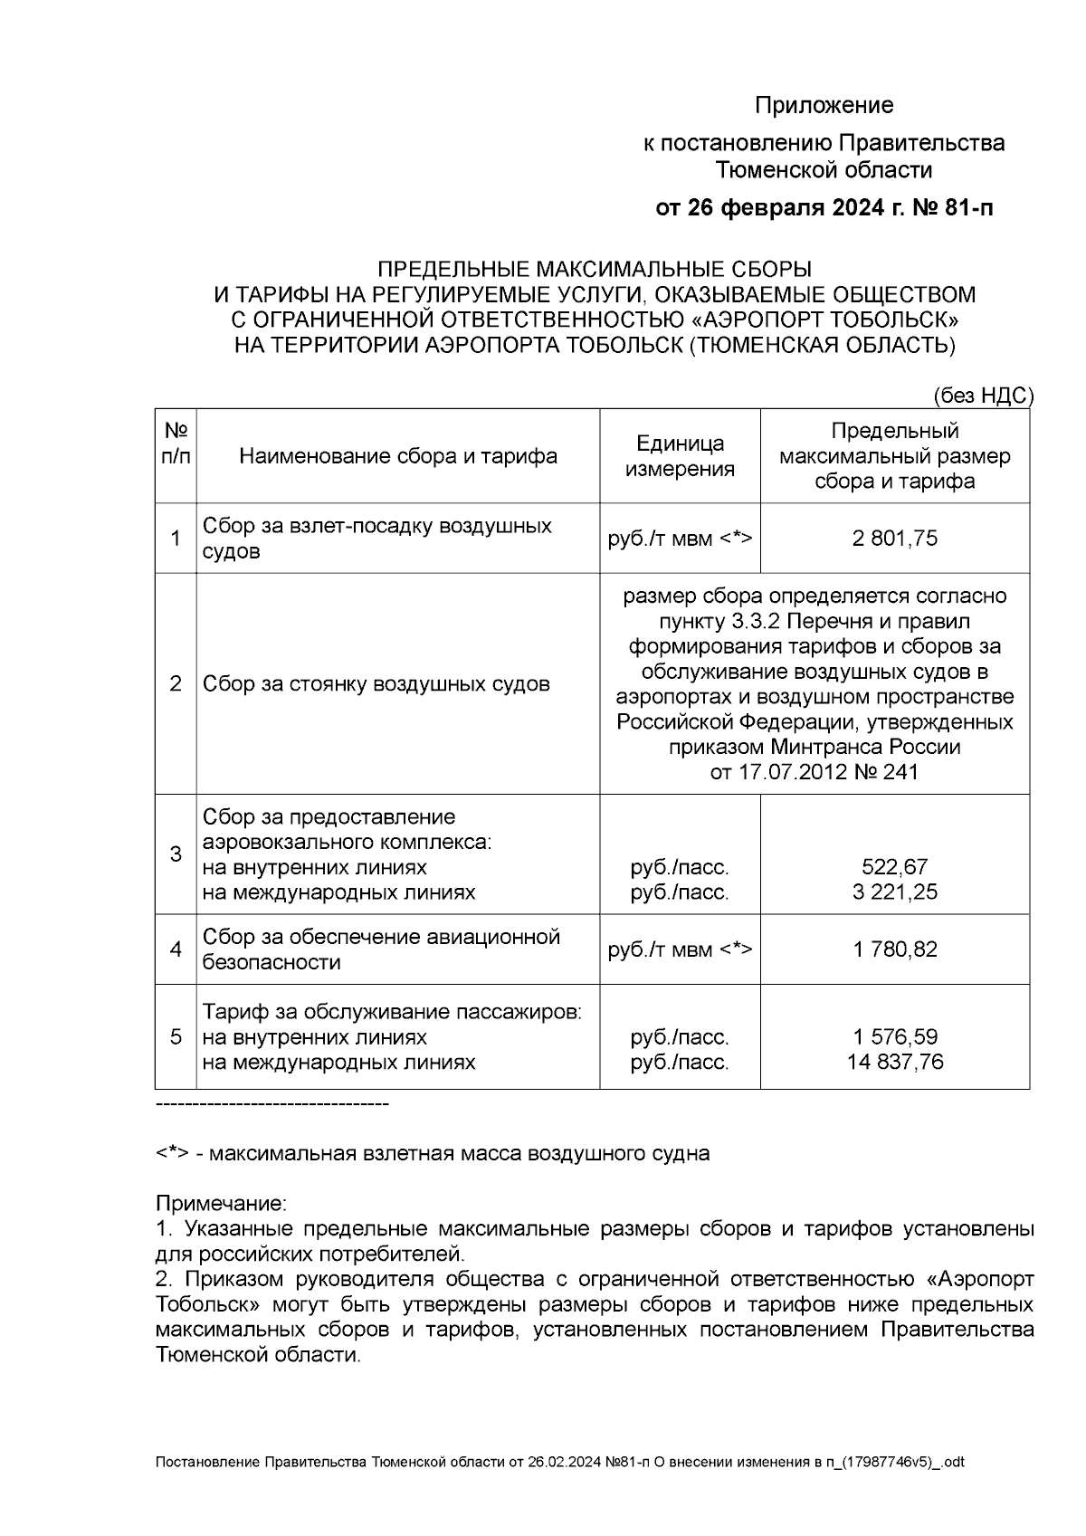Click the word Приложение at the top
[x=824, y=106]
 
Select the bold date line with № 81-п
[x=824, y=209]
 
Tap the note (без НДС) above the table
[x=982, y=396]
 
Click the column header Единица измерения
[x=680, y=456]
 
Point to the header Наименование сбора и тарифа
[x=398, y=456]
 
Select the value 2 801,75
[x=894, y=539]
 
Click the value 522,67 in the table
[x=894, y=867]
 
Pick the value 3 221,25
[x=894, y=892]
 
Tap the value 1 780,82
[x=894, y=949]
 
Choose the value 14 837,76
[x=894, y=1062]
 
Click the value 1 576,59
[x=894, y=1036]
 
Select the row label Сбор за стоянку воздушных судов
[x=376, y=683]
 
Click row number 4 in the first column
[x=176, y=949]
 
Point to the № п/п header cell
[x=176, y=444]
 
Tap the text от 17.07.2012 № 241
[x=814, y=772]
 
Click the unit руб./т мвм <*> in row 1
[x=680, y=539]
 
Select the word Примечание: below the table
[x=221, y=1204]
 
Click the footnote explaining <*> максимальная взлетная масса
[x=433, y=1153]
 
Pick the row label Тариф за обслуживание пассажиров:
[x=391, y=1011]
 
